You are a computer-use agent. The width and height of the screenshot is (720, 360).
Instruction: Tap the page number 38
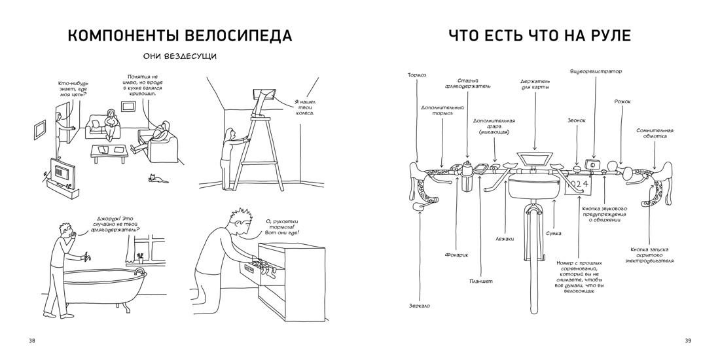33,340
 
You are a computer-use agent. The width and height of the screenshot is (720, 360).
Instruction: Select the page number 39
687,340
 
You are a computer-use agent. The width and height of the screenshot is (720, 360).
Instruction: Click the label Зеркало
419,306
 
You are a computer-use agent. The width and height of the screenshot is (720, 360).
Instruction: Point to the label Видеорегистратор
596,71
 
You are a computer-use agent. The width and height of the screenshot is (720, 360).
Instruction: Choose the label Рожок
622,101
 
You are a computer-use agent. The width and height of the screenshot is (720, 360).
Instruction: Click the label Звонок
577,120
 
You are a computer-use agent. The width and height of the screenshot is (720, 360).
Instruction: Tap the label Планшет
481,281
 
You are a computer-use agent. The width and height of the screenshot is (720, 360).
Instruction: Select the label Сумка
553,233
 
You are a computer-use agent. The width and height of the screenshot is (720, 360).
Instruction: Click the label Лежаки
505,239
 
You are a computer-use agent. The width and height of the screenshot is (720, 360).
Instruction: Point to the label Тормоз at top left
417,75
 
